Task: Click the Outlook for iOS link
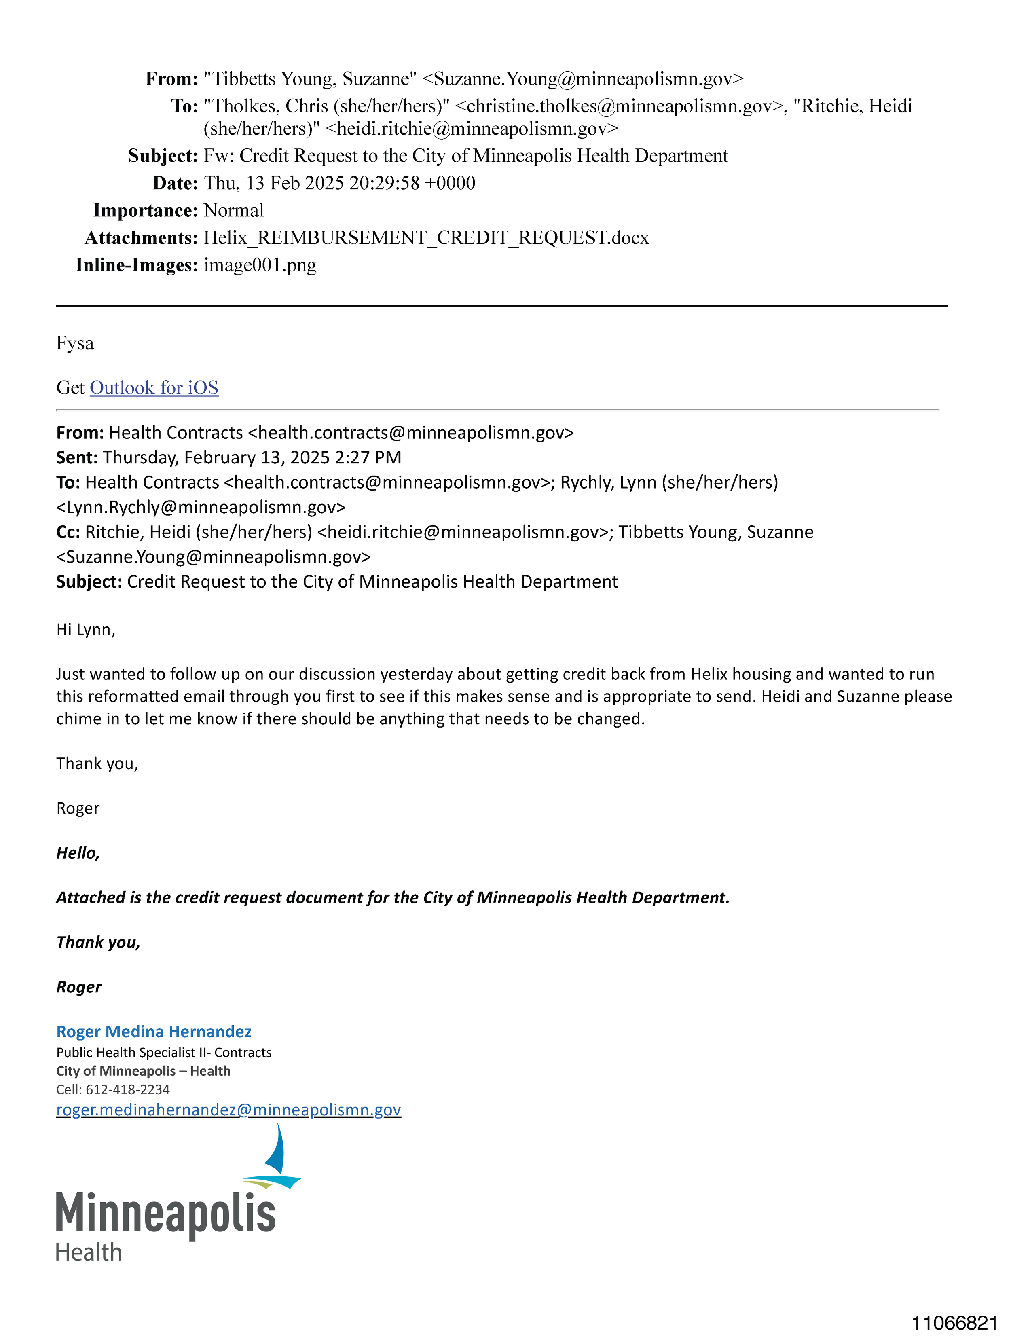click(154, 388)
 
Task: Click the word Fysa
click(75, 344)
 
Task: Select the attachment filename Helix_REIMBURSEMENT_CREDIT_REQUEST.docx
click(426, 238)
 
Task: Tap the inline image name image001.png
click(260, 265)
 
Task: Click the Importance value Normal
click(233, 210)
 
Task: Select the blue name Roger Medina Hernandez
click(154, 1031)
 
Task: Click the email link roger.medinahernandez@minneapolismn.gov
click(228, 1109)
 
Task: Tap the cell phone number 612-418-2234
click(127, 1089)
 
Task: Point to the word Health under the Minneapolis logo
click(89, 1252)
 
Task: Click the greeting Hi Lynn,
click(85, 630)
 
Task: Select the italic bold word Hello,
click(78, 853)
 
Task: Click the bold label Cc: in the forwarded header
click(68, 532)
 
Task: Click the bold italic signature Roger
click(79, 987)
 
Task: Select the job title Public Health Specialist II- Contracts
click(164, 1052)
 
